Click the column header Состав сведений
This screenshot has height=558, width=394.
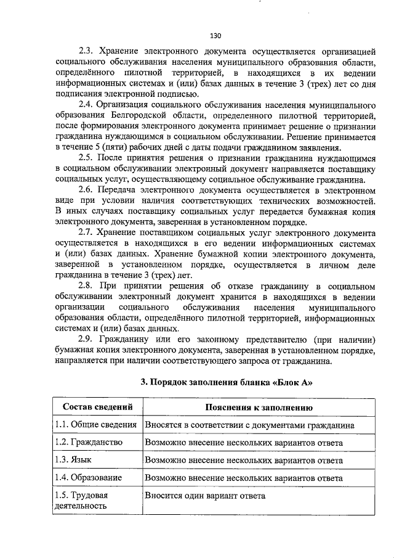[x=95, y=408]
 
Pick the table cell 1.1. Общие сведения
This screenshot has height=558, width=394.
[x=95, y=425]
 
